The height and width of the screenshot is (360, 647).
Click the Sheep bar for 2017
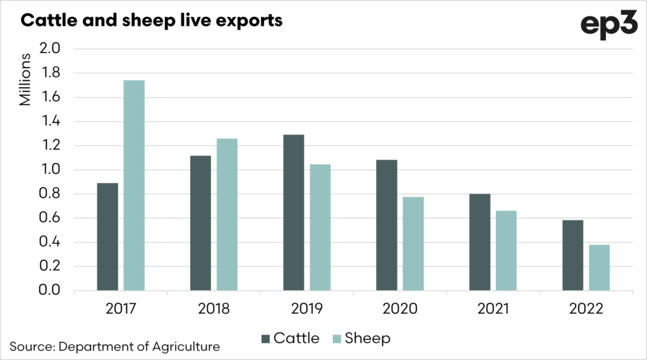click(x=134, y=186)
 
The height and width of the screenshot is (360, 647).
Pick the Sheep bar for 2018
click(x=227, y=215)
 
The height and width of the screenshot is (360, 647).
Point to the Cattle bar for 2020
click(x=387, y=225)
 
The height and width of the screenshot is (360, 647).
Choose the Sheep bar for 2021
click(x=506, y=251)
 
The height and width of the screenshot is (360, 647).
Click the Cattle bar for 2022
click(x=573, y=255)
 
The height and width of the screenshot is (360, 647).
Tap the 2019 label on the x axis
click(x=307, y=309)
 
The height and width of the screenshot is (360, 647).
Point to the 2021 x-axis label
click(x=493, y=309)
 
